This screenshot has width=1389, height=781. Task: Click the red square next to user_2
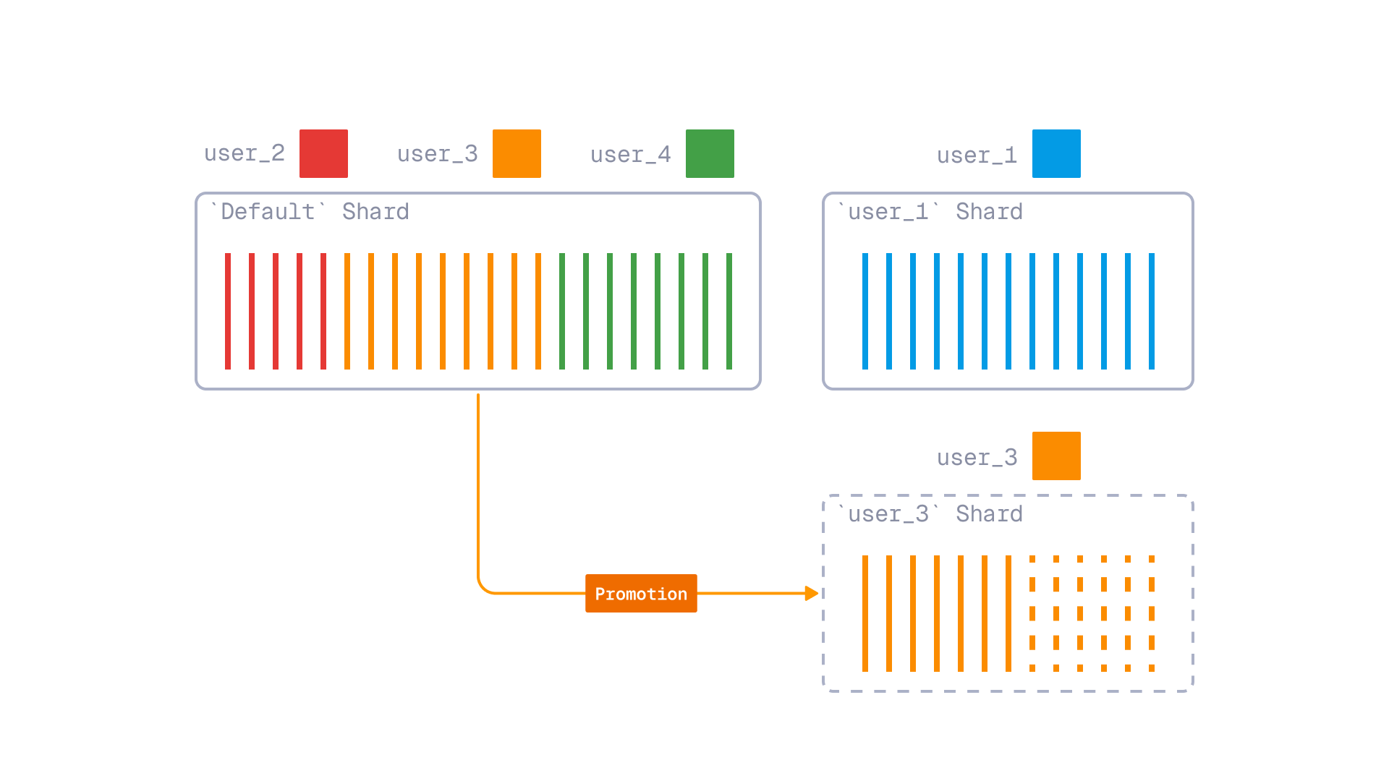323,153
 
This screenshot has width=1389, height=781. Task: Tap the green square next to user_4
710,153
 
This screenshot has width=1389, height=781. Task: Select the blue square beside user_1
1056,153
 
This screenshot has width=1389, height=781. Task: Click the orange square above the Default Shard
517,153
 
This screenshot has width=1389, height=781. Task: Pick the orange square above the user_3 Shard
1056,456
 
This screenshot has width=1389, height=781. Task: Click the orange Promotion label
641,594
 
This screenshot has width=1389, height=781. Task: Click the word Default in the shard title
267,212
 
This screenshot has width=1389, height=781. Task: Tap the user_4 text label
630,155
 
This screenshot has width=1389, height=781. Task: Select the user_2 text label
245,153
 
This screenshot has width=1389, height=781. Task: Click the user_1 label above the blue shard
977,155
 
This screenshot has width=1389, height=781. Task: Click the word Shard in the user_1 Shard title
989,212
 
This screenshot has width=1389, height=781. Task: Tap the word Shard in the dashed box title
989,514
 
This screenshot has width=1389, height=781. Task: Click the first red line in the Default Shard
228,311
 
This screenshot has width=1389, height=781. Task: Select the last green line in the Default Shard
729,311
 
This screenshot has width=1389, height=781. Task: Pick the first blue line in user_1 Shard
865,311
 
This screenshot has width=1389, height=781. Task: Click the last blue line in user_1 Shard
1152,311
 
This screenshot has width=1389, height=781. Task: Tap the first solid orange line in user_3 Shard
865,613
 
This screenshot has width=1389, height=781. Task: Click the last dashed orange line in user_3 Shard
1152,613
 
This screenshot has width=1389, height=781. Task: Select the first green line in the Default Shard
562,311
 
